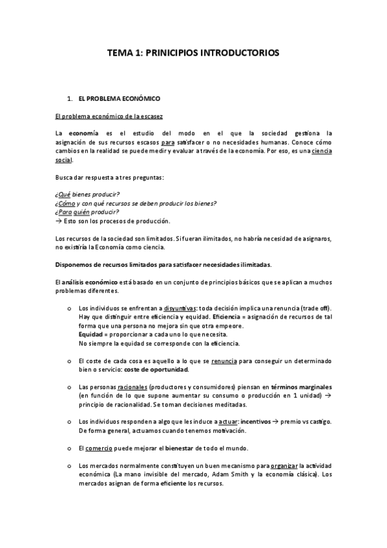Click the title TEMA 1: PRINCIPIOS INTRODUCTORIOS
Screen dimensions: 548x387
193,56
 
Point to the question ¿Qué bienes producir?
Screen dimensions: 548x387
87,195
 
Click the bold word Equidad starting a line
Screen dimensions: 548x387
91,335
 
